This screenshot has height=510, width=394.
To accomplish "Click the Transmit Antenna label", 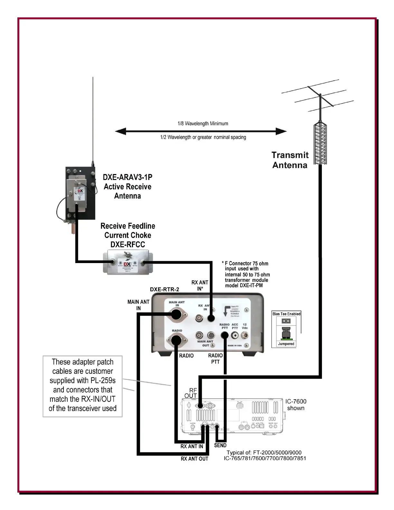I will (x=290, y=160).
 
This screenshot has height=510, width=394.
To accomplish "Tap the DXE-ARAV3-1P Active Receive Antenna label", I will (x=127, y=186).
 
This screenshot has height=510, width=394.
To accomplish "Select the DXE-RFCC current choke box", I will (x=128, y=263).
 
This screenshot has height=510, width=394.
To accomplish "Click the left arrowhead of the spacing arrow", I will (x=120, y=131).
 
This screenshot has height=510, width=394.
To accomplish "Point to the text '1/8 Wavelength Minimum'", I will (x=203, y=124).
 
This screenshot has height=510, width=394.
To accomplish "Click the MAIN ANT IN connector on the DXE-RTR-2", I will (x=176, y=314).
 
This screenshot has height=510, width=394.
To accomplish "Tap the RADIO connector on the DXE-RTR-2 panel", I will (x=176, y=340).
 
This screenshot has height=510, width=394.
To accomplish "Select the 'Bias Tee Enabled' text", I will (x=286, y=314).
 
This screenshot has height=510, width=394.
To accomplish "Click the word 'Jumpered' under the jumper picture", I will (x=286, y=344).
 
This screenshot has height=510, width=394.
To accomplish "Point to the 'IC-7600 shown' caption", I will (x=295, y=405).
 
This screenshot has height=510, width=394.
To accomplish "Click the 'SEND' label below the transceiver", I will (x=220, y=445).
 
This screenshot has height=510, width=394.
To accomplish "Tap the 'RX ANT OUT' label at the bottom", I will (x=194, y=459).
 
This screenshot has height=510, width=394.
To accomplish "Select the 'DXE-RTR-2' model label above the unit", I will (x=164, y=289).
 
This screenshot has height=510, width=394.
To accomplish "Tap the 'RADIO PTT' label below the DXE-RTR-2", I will (x=215, y=359).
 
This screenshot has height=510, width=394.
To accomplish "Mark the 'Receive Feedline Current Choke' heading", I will (x=128, y=231).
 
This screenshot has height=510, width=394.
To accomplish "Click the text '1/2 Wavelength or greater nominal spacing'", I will (x=203, y=137).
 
